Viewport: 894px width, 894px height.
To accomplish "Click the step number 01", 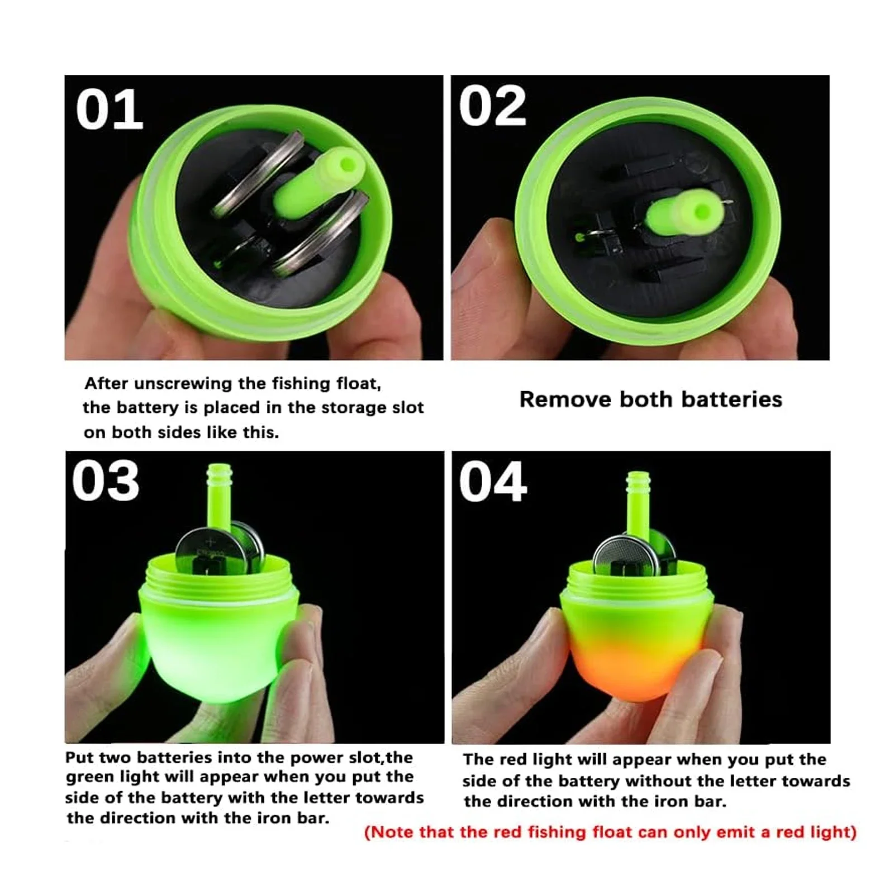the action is [110, 110].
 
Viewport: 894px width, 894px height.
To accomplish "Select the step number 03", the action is [106, 481].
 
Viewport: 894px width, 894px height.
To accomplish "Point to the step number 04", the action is [493, 482].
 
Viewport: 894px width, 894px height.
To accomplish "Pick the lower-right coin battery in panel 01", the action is [322, 235].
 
